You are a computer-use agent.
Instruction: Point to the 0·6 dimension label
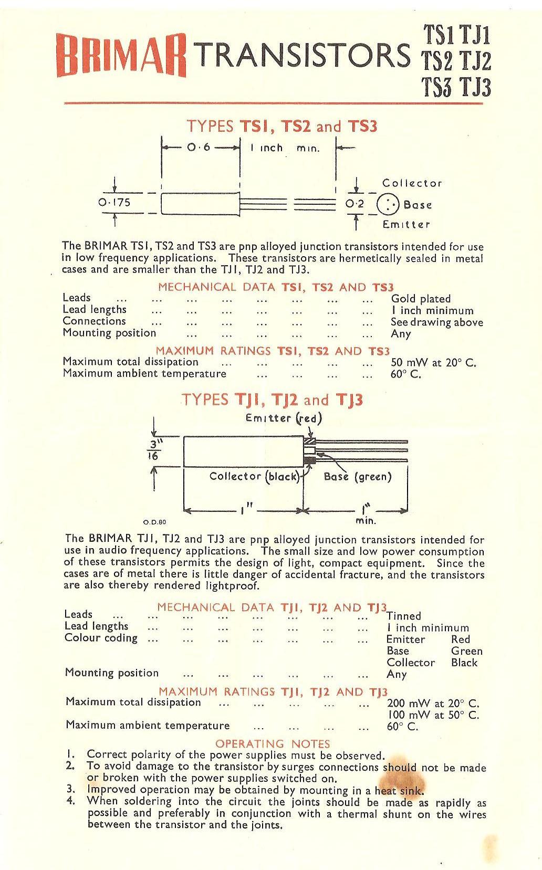[x=199, y=148]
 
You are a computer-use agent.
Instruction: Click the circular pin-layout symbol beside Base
[x=388, y=204]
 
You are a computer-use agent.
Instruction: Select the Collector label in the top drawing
[x=412, y=183]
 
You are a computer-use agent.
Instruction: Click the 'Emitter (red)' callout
[x=283, y=418]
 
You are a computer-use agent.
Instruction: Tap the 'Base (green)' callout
[x=358, y=477]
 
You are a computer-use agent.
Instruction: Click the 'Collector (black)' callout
[x=255, y=476]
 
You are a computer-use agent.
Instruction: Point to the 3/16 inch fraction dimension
[x=153, y=450]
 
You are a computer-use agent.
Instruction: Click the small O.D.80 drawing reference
[x=154, y=522]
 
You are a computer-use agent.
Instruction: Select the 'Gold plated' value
[x=421, y=299]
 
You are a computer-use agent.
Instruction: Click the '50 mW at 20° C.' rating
[x=433, y=362]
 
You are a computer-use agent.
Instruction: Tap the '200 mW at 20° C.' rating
[x=433, y=704]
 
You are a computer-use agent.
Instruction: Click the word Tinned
[x=403, y=616]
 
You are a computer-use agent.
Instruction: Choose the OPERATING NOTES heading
[x=273, y=743]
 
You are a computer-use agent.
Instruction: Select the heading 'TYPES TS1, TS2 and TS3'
[x=282, y=126]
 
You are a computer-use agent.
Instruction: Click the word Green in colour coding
[x=466, y=651]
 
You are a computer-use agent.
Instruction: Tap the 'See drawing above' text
[x=436, y=322]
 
